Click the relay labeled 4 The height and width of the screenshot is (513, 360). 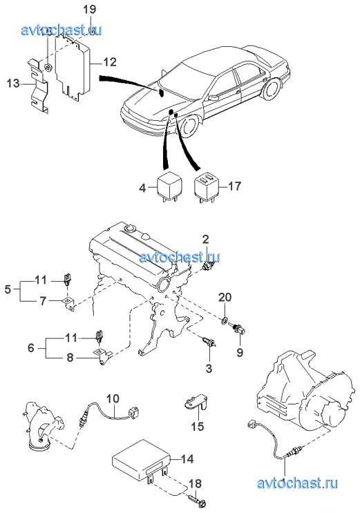170,187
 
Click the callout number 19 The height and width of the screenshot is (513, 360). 89,9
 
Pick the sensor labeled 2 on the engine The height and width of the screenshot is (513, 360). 209,265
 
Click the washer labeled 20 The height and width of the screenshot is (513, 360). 225,319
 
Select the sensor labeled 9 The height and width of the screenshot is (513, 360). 238,329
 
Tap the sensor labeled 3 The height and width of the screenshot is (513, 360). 209,342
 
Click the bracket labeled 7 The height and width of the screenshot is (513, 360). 70,304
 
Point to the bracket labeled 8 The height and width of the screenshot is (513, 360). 103,356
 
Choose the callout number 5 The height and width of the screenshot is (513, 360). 8,289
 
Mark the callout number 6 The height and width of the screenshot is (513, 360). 31,347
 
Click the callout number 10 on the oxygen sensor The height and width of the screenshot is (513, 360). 113,399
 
